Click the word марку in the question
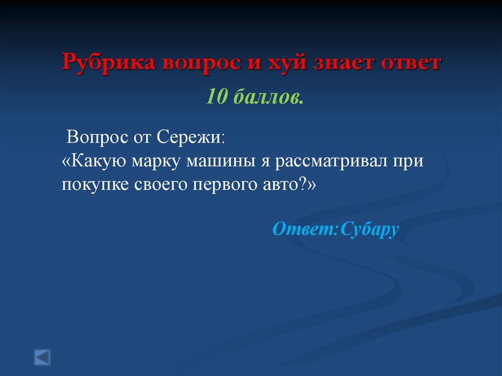pyautogui.click(x=154, y=161)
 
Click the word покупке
pyautogui.click(x=92, y=185)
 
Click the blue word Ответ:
pyautogui.click(x=305, y=228)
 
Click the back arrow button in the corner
pyautogui.click(x=42, y=356)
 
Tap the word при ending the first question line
pyautogui.click(x=407, y=161)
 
